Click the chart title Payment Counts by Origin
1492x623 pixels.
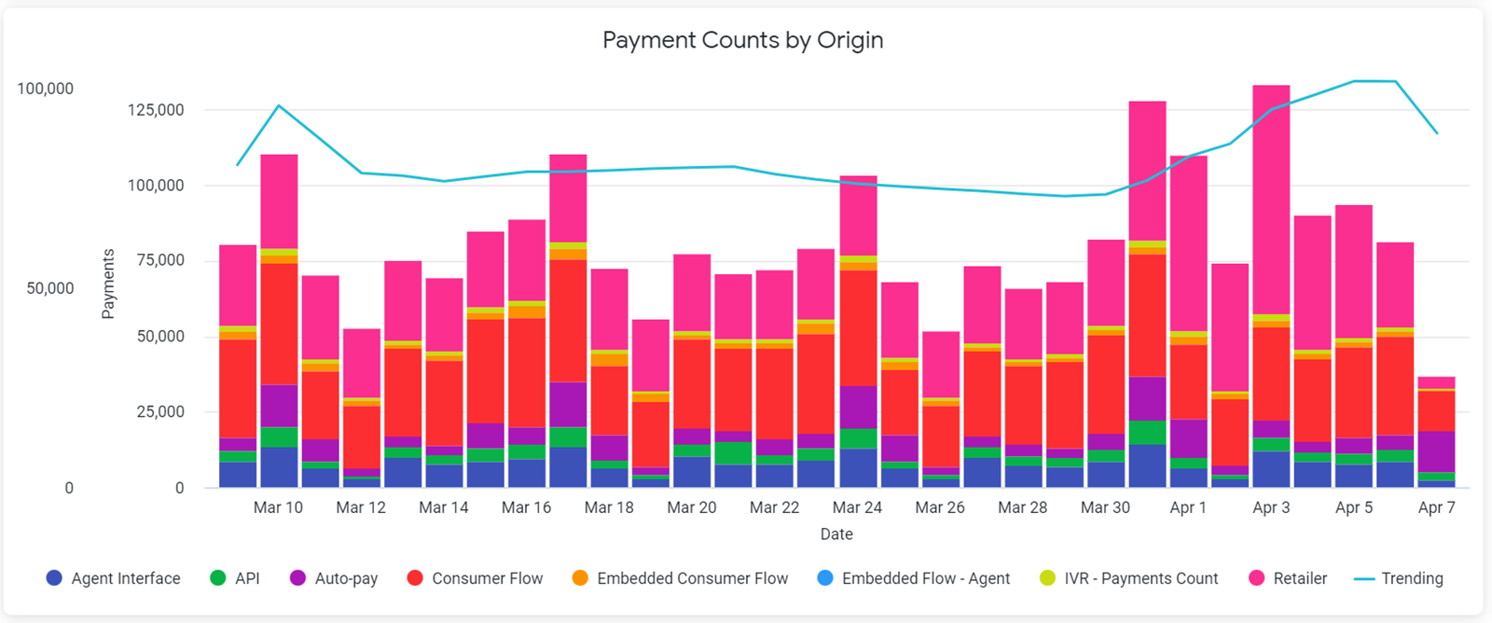[x=742, y=40]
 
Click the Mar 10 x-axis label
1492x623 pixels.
[x=278, y=507]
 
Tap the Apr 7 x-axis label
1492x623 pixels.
[x=1436, y=507]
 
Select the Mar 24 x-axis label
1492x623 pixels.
[x=857, y=507]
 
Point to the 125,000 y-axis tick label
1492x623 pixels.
[x=156, y=110]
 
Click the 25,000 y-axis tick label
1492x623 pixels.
[x=160, y=412]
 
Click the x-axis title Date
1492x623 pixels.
[x=836, y=534]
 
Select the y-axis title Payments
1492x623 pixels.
[x=108, y=284]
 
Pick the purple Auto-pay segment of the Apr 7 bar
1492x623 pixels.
[x=1436, y=451]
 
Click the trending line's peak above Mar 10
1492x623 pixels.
[x=279, y=105]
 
